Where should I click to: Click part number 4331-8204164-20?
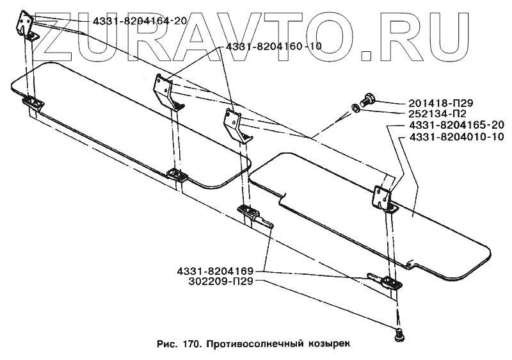coord(140,20)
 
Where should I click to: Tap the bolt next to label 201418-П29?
coord(367,99)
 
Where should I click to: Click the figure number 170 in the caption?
coord(189,343)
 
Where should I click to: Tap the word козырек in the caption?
coord(330,343)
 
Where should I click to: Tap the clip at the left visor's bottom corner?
coord(175,174)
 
